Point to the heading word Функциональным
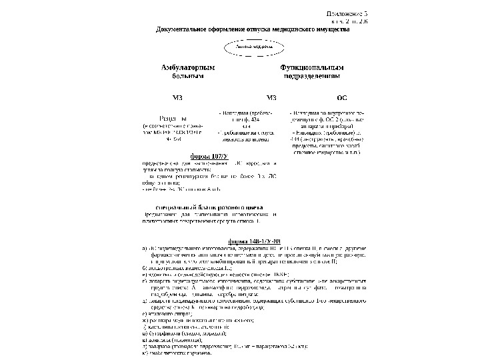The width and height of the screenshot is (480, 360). [x=311, y=68]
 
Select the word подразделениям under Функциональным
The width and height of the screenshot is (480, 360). [x=311, y=77]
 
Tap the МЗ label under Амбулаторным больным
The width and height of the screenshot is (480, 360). [x=177, y=98]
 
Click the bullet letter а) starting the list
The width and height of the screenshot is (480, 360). [x=145, y=247]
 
